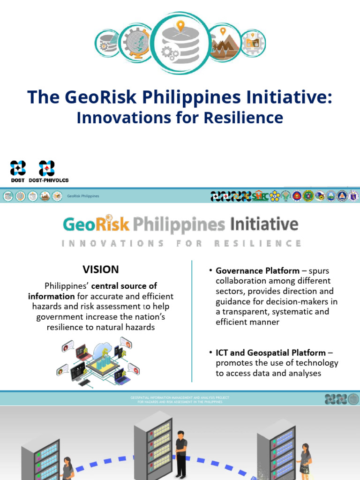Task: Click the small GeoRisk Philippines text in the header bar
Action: tap(83, 196)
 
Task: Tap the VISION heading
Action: tap(101, 270)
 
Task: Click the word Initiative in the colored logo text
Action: tap(264, 224)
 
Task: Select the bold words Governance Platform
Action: tap(257, 271)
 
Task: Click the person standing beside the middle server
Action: tap(181, 452)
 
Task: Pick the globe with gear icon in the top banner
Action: tap(135, 43)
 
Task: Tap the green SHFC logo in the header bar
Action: tap(261, 196)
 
